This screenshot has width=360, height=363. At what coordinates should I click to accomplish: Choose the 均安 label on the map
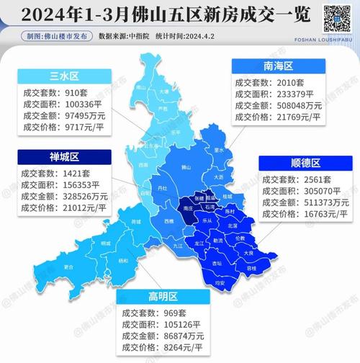(216, 283)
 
